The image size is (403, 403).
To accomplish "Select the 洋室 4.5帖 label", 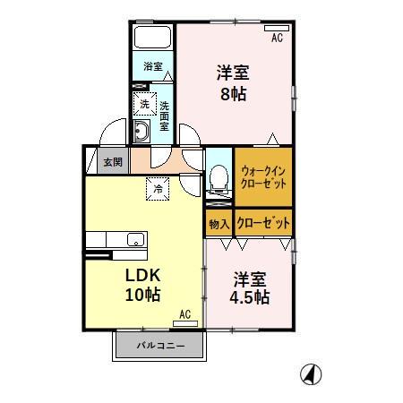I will coord(250,287).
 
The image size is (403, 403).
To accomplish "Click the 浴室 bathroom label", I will coord(153,66).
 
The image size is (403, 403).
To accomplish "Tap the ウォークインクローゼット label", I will coord(263,176).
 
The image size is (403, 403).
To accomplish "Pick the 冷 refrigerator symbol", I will coord(158,188).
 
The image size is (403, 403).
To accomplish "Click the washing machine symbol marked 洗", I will coord(144,105).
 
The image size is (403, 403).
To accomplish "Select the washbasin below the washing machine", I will coord(143,133).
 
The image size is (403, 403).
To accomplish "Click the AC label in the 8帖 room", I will coord(277,37).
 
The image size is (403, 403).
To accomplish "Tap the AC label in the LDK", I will coord(184,314).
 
